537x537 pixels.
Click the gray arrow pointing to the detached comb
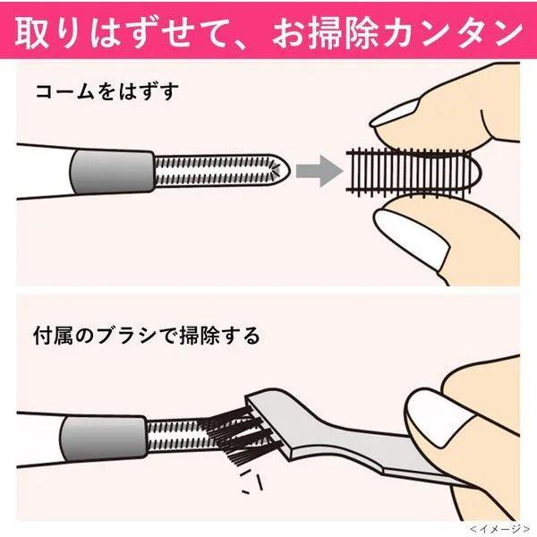(319, 171)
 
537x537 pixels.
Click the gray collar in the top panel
(113, 173)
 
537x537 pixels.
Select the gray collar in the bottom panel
(104, 439)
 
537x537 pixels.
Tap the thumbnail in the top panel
(411, 236)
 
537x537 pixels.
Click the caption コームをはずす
(107, 91)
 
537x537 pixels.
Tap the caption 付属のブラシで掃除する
(147, 336)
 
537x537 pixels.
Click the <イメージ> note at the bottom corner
(499, 529)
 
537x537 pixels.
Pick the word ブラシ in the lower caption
(127, 336)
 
